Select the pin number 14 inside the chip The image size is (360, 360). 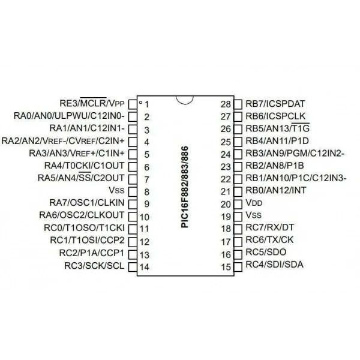(x=145, y=267)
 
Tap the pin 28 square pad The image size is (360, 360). (x=238, y=104)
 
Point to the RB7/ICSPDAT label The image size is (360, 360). (x=275, y=104)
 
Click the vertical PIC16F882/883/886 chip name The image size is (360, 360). (x=185, y=187)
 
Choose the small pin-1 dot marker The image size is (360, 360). (x=141, y=103)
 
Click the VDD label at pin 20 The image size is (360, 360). (x=254, y=203)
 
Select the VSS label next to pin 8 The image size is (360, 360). (x=116, y=190)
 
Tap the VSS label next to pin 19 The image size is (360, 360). (x=253, y=215)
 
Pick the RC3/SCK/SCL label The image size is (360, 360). (x=94, y=266)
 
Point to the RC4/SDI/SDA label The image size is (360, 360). (x=275, y=265)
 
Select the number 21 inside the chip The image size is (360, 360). (x=226, y=191)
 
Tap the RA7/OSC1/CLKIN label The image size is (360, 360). (x=87, y=203)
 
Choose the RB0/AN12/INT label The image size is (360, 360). (x=276, y=190)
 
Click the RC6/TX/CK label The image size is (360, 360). (x=269, y=240)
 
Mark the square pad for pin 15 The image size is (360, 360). (x=238, y=267)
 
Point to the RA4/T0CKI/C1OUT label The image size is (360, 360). (x=84, y=166)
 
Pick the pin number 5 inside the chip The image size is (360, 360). (x=147, y=155)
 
